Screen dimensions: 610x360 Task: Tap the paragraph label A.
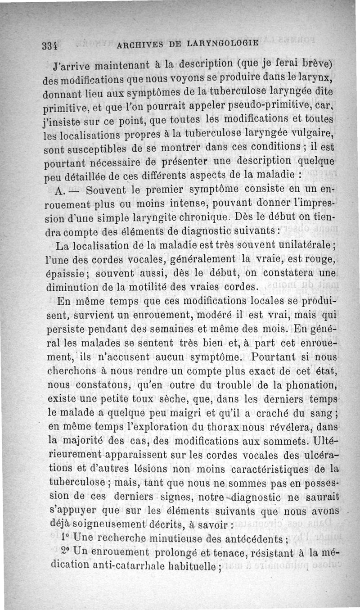[60, 191]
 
